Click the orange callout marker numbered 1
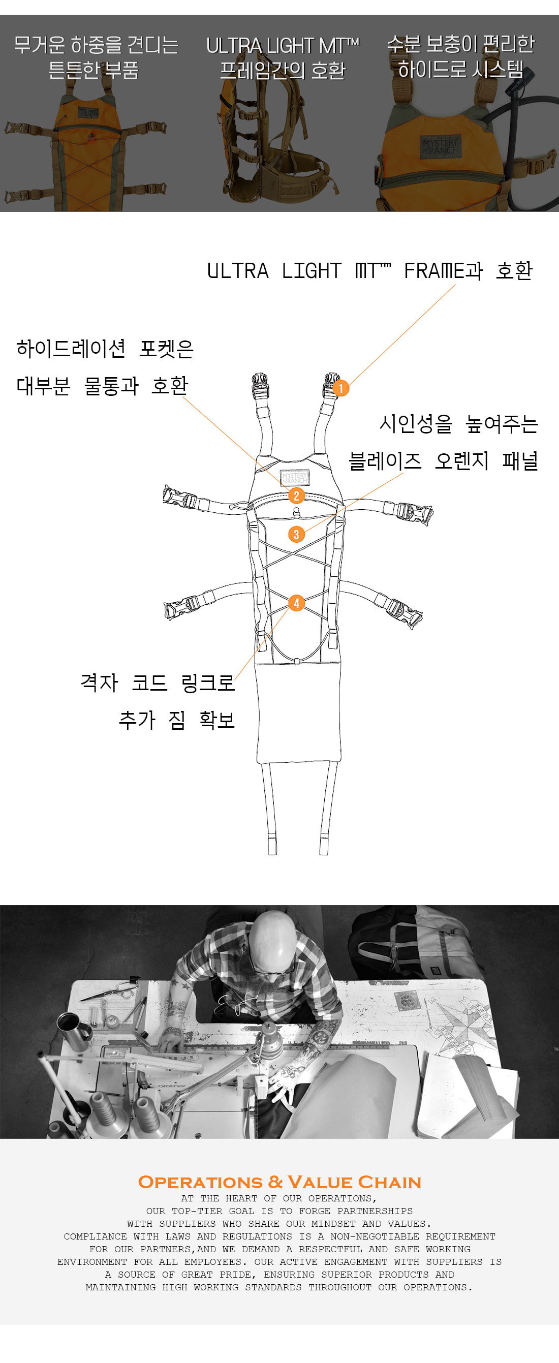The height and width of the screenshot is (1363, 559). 340,388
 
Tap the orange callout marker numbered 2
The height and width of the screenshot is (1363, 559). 296,496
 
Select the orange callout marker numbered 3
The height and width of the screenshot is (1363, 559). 296,535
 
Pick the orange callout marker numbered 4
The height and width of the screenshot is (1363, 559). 296,603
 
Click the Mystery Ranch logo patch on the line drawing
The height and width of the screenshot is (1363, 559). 295,478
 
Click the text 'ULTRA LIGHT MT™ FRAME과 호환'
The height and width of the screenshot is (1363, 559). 369,271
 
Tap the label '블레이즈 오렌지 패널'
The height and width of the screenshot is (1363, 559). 443,461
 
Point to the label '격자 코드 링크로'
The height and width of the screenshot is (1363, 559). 158,683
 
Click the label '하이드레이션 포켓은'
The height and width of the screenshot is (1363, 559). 105,348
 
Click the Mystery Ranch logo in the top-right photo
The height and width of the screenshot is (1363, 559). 440,146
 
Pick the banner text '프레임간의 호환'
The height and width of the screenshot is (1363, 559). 283,70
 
